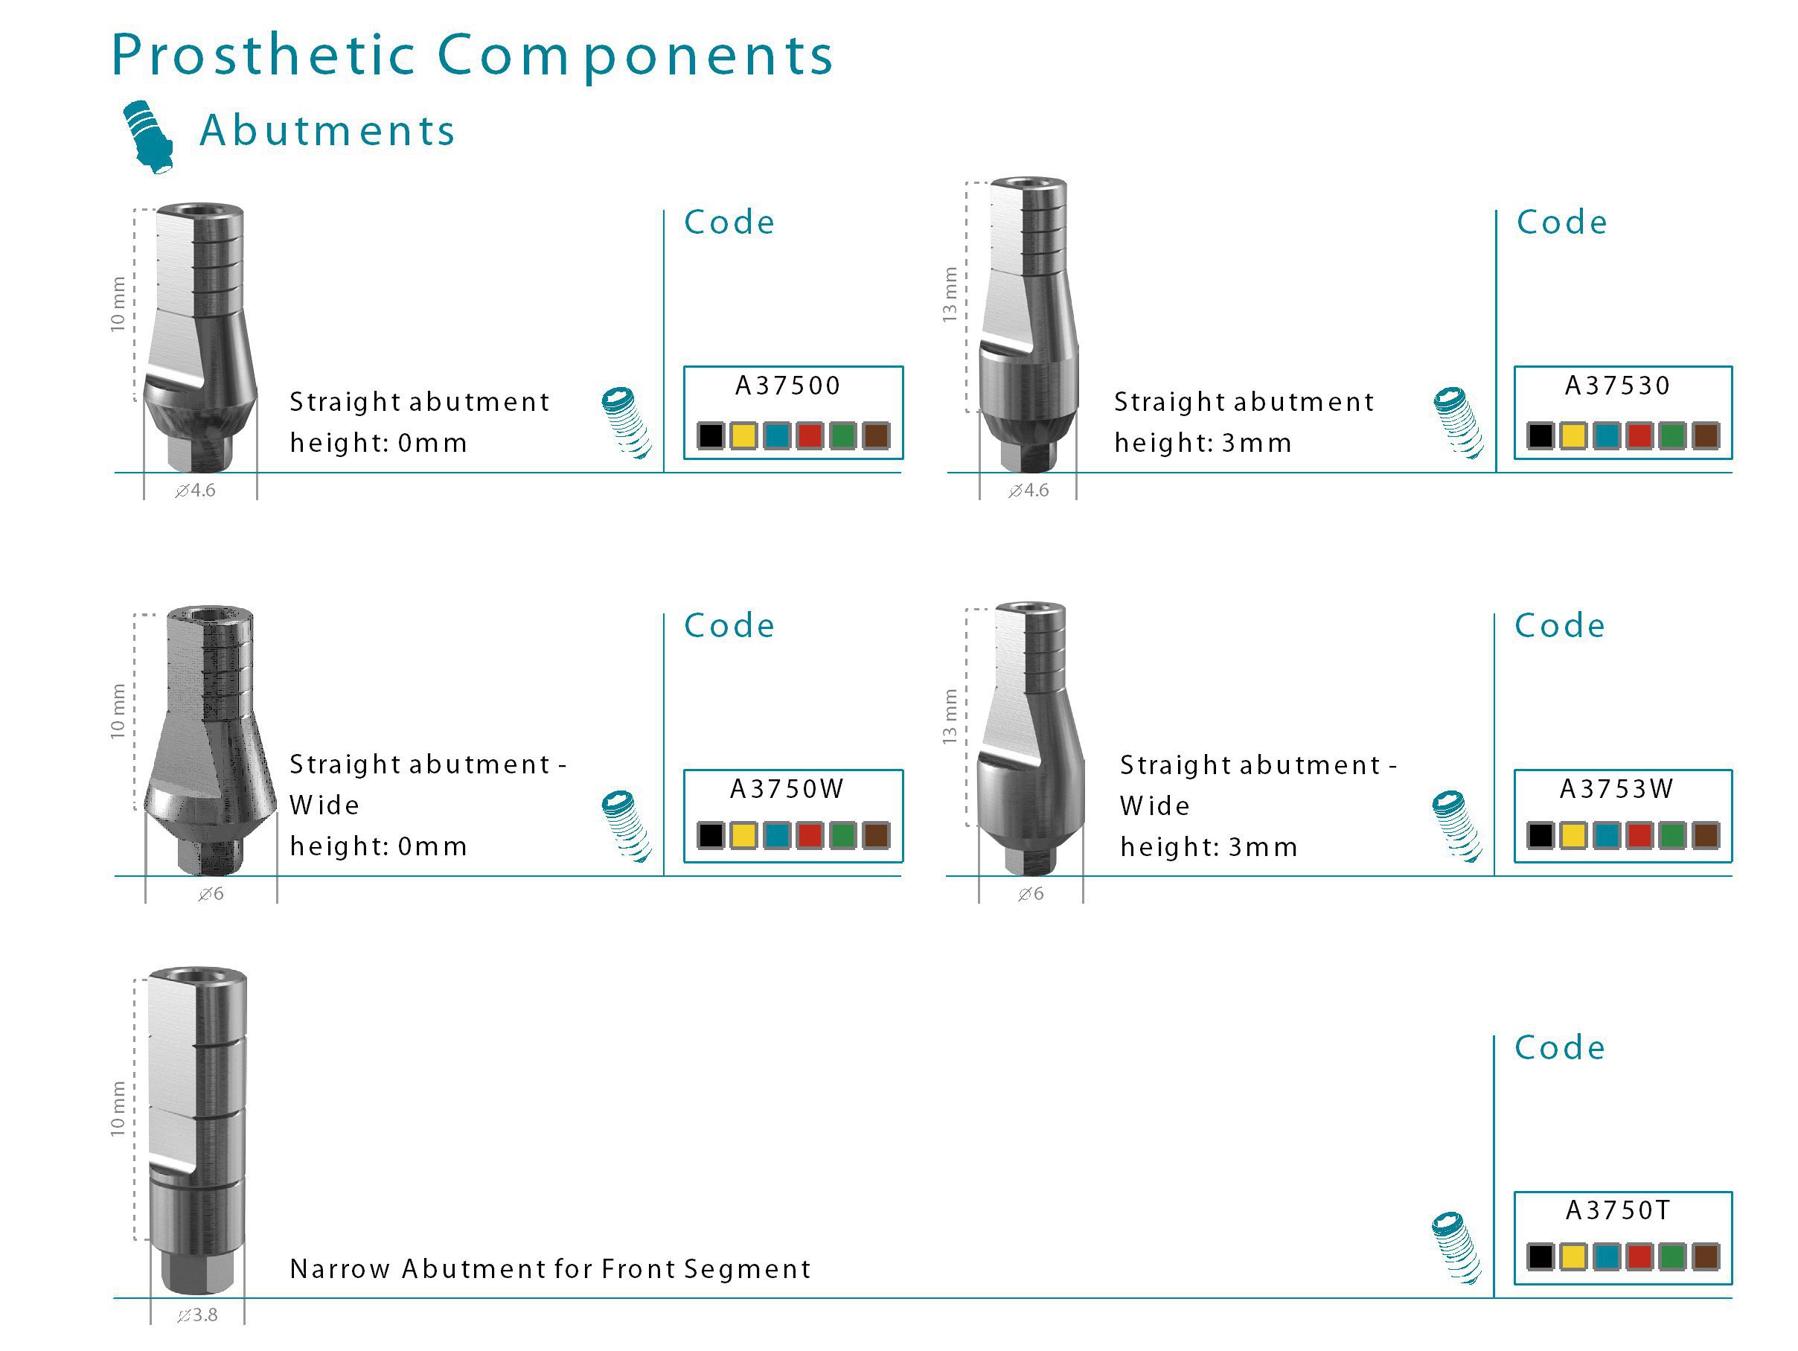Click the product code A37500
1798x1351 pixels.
(787, 386)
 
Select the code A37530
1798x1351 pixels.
(1618, 386)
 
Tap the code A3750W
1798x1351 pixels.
(787, 788)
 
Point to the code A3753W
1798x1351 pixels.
(1616, 788)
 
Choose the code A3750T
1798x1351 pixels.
(1618, 1210)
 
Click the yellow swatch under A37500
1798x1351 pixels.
(743, 435)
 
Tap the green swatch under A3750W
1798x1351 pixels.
(843, 836)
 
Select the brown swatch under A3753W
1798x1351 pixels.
(1705, 836)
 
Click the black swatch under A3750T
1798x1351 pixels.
(1541, 1256)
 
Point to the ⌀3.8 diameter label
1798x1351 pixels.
(197, 1315)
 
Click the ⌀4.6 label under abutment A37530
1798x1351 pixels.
(1028, 491)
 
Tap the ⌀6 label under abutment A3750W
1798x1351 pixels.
(211, 894)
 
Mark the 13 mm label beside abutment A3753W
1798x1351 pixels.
(950, 716)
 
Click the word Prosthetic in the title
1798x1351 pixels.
(263, 55)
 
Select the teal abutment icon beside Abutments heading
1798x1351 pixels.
(148, 136)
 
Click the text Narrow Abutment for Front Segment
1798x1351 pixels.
(550, 1269)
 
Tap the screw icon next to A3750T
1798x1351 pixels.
(1456, 1248)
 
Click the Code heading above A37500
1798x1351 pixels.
(729, 223)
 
